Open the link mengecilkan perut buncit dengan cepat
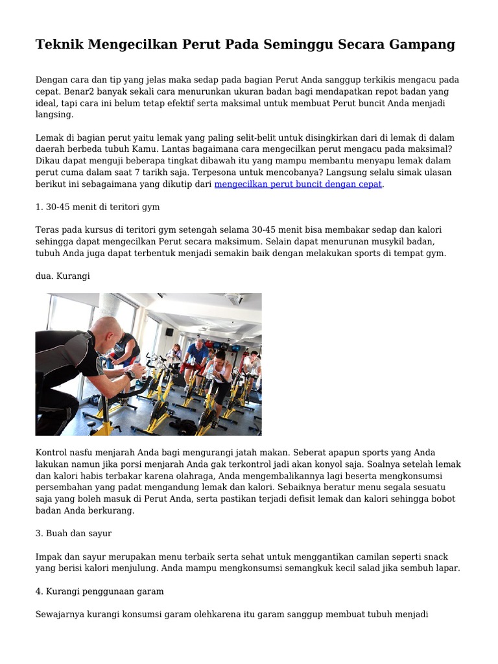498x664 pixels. pos(298,184)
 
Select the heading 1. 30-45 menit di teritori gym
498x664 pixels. pos(97,207)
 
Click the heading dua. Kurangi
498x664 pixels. pos(63,276)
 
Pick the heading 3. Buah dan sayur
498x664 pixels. pos(74,533)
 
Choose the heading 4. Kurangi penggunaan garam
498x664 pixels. pos(100,591)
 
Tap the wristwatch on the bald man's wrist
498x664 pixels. pos(132,374)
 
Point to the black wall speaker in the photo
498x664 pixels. pos(169,332)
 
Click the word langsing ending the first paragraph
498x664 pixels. pos(54,115)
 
